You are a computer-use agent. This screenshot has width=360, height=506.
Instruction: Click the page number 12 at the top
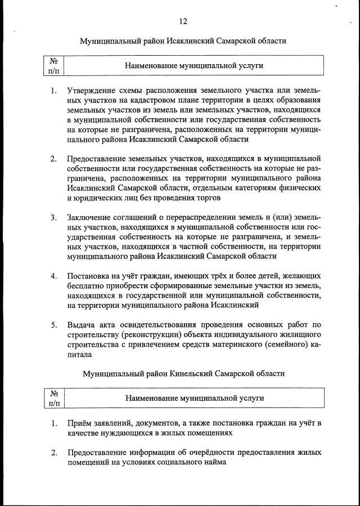click(x=183, y=21)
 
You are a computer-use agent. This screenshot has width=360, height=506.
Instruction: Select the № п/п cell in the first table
click(x=54, y=65)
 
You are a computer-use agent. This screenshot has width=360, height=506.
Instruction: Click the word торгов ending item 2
click(x=209, y=198)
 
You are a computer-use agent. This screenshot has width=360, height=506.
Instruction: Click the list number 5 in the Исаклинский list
click(x=53, y=325)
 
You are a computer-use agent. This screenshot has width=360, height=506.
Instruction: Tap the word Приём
click(x=80, y=423)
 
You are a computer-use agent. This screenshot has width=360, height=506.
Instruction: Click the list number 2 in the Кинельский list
click(x=53, y=452)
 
